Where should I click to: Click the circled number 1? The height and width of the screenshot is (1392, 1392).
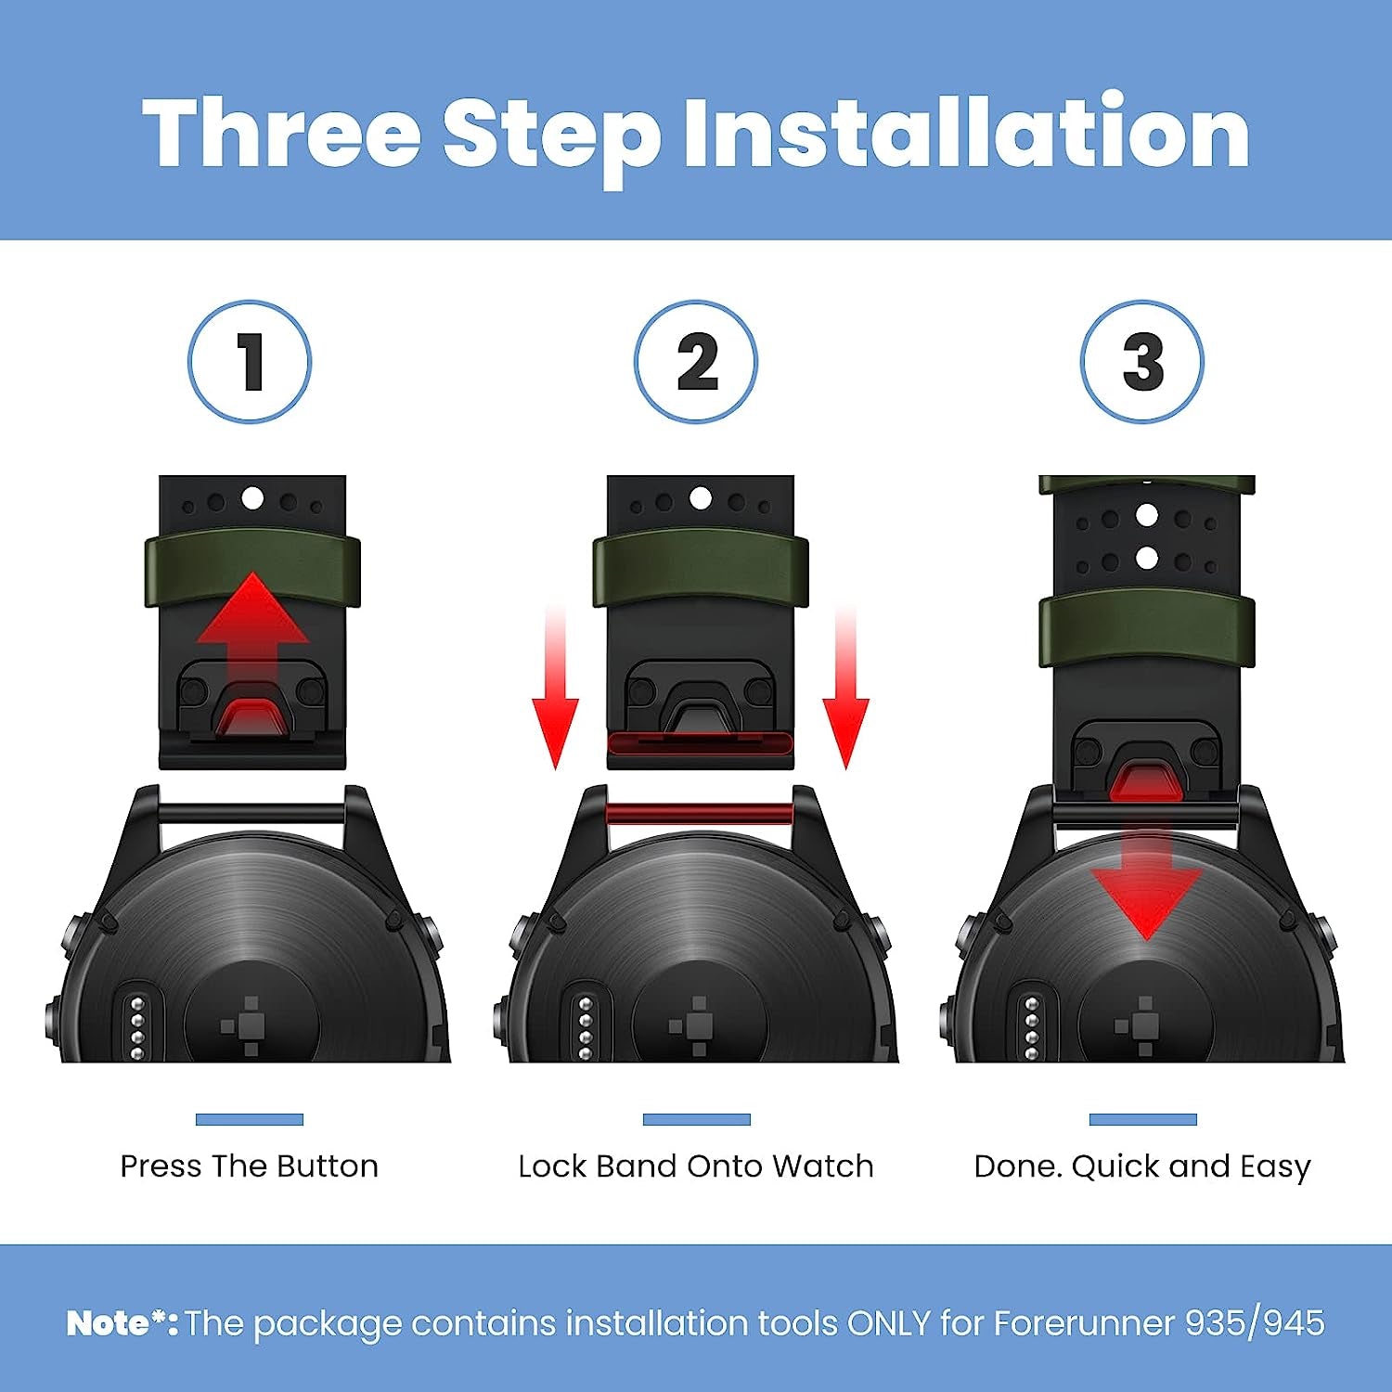click(250, 361)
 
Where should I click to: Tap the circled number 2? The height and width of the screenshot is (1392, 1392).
click(696, 361)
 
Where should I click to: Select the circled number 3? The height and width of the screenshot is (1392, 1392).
click(1142, 361)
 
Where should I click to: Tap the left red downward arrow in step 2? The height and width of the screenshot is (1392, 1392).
click(555, 688)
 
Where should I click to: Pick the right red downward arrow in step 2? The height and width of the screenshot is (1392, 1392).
click(845, 688)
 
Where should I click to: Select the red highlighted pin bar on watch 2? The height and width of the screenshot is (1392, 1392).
click(699, 814)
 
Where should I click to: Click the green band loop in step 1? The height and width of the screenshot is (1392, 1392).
click(252, 570)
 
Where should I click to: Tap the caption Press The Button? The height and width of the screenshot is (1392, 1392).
click(250, 1166)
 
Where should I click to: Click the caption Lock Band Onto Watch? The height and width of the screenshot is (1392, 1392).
click(696, 1166)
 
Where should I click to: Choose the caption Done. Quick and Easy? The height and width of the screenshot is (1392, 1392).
click(1142, 1166)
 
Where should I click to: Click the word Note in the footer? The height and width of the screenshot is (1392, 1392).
click(109, 1322)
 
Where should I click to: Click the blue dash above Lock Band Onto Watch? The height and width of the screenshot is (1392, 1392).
click(696, 1119)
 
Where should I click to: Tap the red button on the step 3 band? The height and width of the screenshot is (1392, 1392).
click(1147, 782)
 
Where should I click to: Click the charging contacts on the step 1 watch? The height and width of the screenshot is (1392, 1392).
click(137, 1026)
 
